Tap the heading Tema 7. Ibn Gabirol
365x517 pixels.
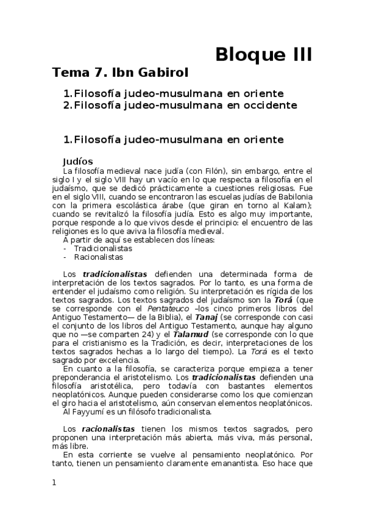121,73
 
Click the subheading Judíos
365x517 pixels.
77,161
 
